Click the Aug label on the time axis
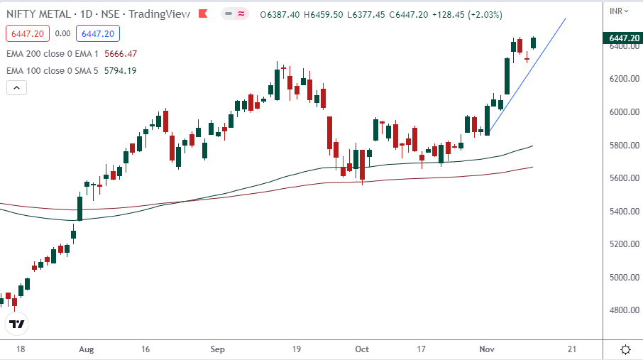coord(87,349)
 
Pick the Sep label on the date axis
coord(218,349)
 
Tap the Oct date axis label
coord(362,349)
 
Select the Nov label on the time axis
coord(487,349)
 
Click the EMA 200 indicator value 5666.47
coord(120,53)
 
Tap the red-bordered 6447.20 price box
coord(27,33)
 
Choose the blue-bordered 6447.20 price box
coord(100,33)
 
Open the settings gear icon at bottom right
coord(626,349)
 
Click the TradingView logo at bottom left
coord(16,324)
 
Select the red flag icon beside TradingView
coord(204,14)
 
